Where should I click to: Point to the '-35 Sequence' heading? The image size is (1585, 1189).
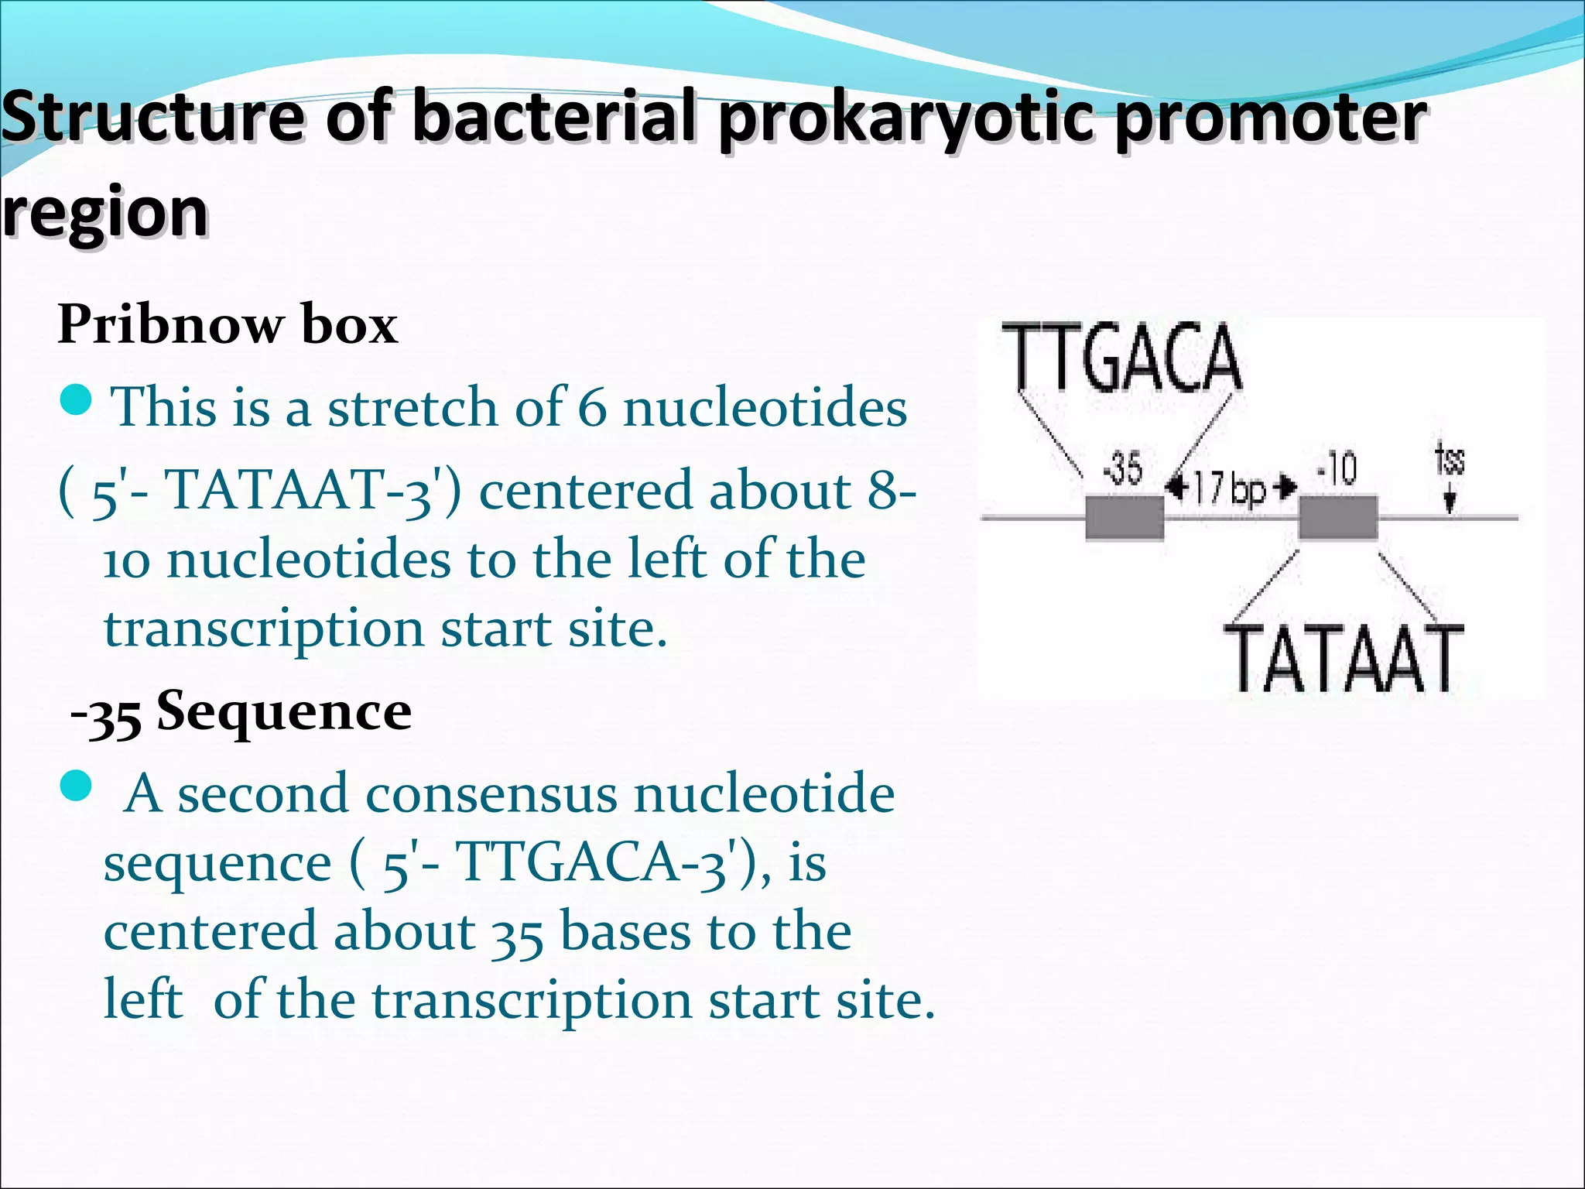(241, 712)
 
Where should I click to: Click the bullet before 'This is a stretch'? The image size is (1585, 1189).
(76, 401)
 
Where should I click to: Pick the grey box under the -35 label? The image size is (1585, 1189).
(1125, 517)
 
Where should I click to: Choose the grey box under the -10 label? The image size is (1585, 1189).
(1338, 517)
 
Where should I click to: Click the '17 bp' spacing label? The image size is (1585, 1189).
(1231, 488)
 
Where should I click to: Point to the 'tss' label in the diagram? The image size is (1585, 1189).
(1450, 460)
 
